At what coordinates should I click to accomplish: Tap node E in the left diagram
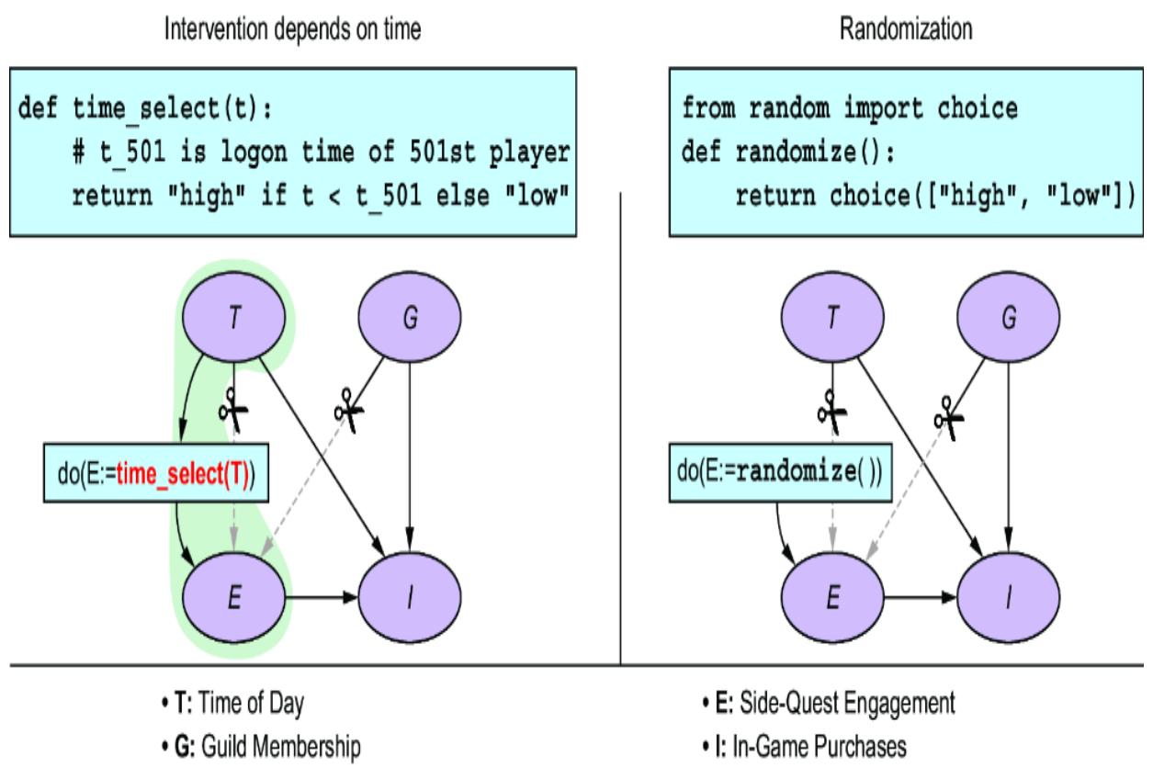click(x=236, y=598)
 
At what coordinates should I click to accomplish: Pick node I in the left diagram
click(x=411, y=598)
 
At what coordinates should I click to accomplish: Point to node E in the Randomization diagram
click(x=831, y=598)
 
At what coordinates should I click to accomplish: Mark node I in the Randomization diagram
click(x=1009, y=598)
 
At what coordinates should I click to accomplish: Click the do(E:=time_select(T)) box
click(x=156, y=474)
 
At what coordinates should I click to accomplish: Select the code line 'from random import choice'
click(x=850, y=109)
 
